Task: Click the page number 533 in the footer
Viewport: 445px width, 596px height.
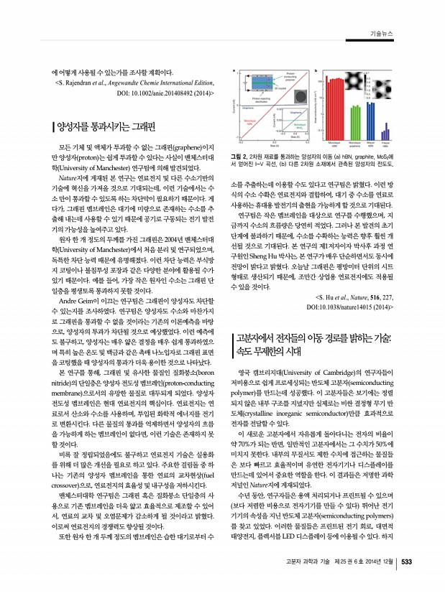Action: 405,582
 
